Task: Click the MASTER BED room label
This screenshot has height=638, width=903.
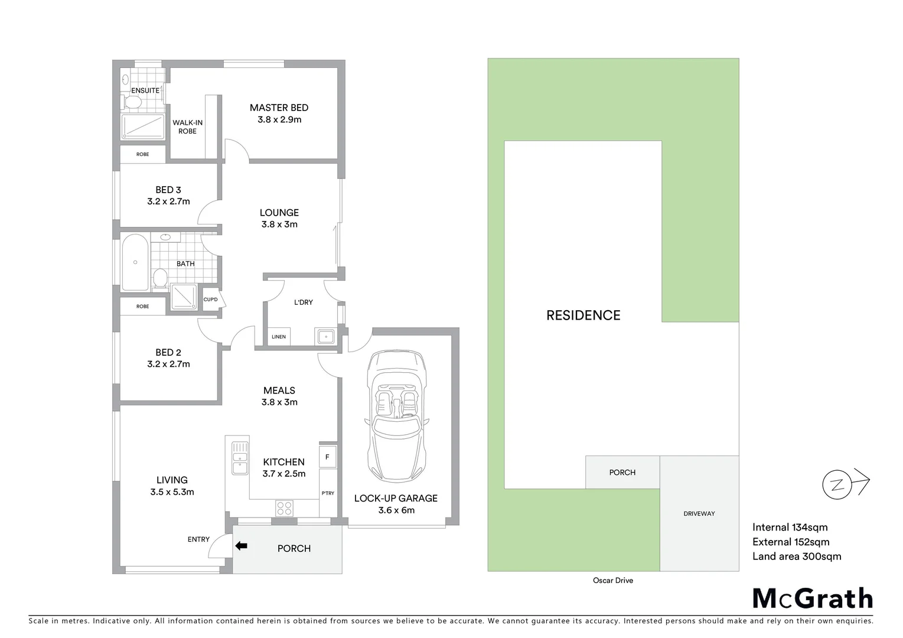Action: point(279,108)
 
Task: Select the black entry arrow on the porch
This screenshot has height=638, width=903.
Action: point(241,546)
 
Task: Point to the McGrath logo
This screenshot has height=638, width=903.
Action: point(813,598)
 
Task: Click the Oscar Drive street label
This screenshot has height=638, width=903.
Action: point(612,580)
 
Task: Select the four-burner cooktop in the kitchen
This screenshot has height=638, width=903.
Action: point(284,507)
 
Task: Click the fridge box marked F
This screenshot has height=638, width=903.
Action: point(327,457)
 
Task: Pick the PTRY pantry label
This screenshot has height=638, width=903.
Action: point(328,493)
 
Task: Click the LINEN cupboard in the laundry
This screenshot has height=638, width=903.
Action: point(279,337)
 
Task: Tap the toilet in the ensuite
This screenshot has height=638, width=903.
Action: point(132,102)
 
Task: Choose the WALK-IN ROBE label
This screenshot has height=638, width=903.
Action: point(187,126)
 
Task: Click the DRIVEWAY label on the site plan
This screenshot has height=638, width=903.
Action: point(699,513)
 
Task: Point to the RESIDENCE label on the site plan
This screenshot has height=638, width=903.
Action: point(583,315)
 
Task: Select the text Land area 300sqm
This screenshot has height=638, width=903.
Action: point(796,556)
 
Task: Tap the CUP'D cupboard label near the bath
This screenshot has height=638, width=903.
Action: point(210,300)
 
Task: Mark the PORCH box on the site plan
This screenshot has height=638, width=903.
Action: point(622,472)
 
